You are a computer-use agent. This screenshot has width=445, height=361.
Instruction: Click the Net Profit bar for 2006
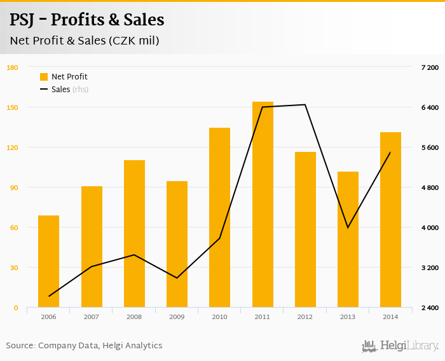coord(48,262)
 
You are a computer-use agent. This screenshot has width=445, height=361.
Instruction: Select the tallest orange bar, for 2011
coord(263,205)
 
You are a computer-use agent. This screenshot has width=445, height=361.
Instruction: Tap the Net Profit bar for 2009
coord(177,245)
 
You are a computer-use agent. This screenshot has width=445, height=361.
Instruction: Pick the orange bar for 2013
coord(348,240)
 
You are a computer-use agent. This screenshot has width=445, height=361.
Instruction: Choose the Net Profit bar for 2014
coord(390,220)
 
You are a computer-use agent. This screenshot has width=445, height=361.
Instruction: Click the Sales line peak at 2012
coord(305,105)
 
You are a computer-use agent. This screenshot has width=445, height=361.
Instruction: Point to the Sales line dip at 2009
coord(177,278)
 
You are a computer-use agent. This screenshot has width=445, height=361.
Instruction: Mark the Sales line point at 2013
coord(348,228)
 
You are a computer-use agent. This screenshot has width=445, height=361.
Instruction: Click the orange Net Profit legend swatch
coord(44,77)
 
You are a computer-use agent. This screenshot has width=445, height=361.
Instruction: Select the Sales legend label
coord(60,90)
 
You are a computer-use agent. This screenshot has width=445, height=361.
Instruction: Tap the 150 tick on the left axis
coord(11,107)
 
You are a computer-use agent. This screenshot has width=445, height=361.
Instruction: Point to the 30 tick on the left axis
coord(13,268)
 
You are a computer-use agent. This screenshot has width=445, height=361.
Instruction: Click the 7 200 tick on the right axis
coord(430,67)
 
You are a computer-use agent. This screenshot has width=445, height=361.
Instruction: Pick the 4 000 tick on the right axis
coord(430,228)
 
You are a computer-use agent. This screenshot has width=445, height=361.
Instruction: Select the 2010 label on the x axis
coord(219,317)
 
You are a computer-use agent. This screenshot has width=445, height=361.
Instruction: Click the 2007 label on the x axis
coord(91,317)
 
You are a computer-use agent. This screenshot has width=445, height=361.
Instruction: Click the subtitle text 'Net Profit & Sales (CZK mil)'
coord(84,41)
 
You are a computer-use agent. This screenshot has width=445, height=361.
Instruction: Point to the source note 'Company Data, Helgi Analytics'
coord(100,346)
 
